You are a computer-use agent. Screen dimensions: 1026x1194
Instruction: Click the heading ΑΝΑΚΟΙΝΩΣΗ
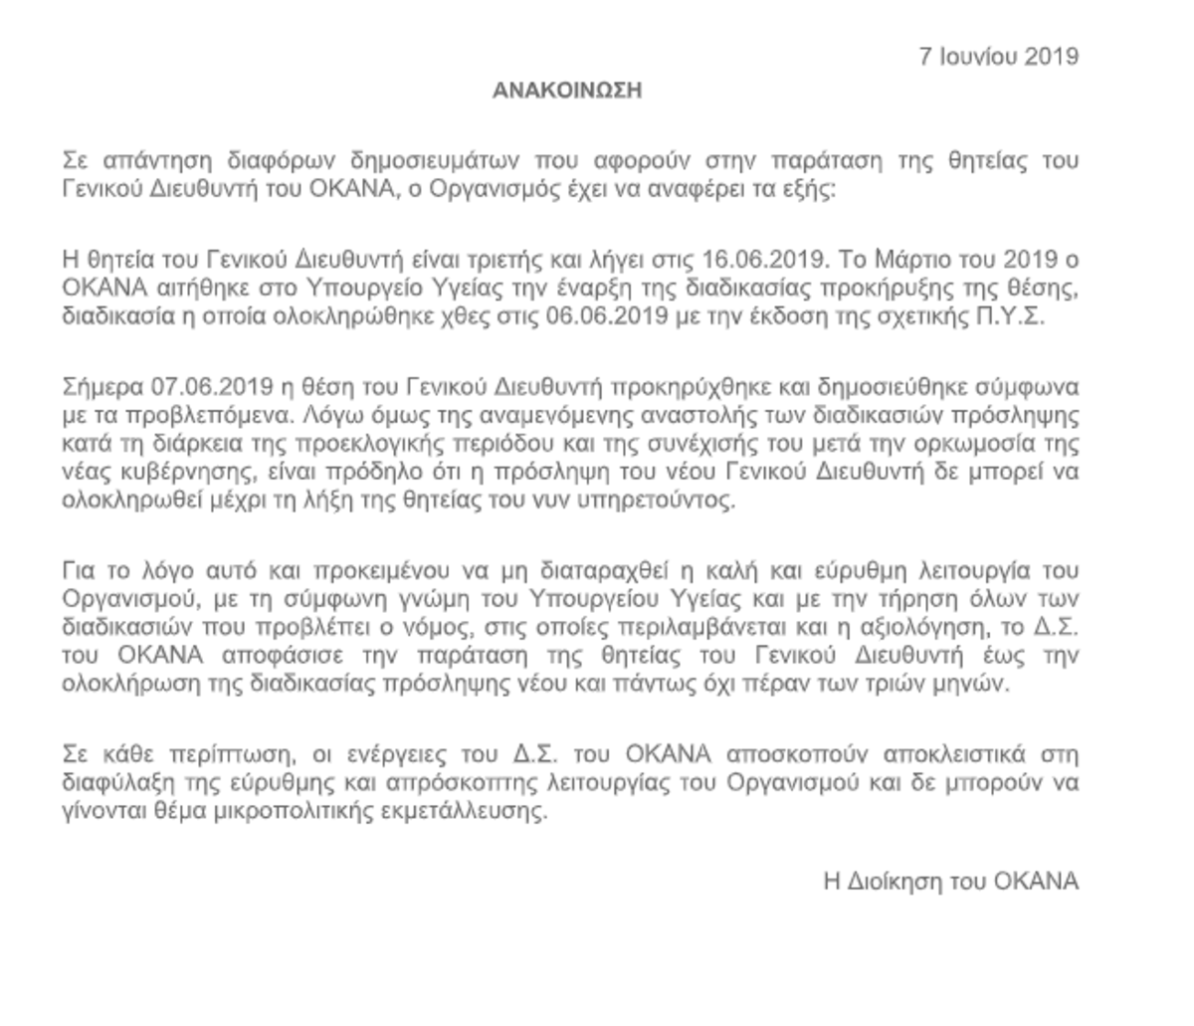tap(567, 92)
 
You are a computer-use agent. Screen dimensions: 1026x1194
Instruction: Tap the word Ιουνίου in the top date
tap(980, 56)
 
